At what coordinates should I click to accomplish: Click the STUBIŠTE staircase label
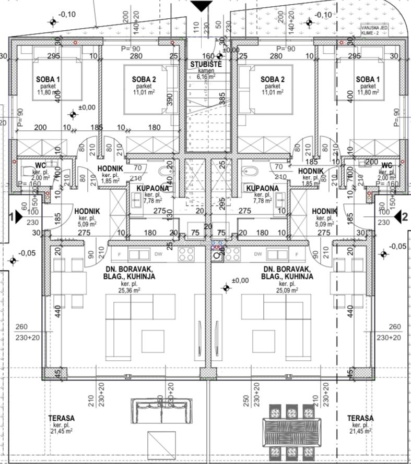click(205, 64)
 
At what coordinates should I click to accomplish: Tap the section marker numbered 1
click(16, 216)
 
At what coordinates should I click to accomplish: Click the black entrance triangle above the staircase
click(198, 6)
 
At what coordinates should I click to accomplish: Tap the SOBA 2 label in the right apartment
click(272, 79)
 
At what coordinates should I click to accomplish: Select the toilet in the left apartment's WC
click(27, 172)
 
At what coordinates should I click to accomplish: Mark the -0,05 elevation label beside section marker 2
click(397, 246)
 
